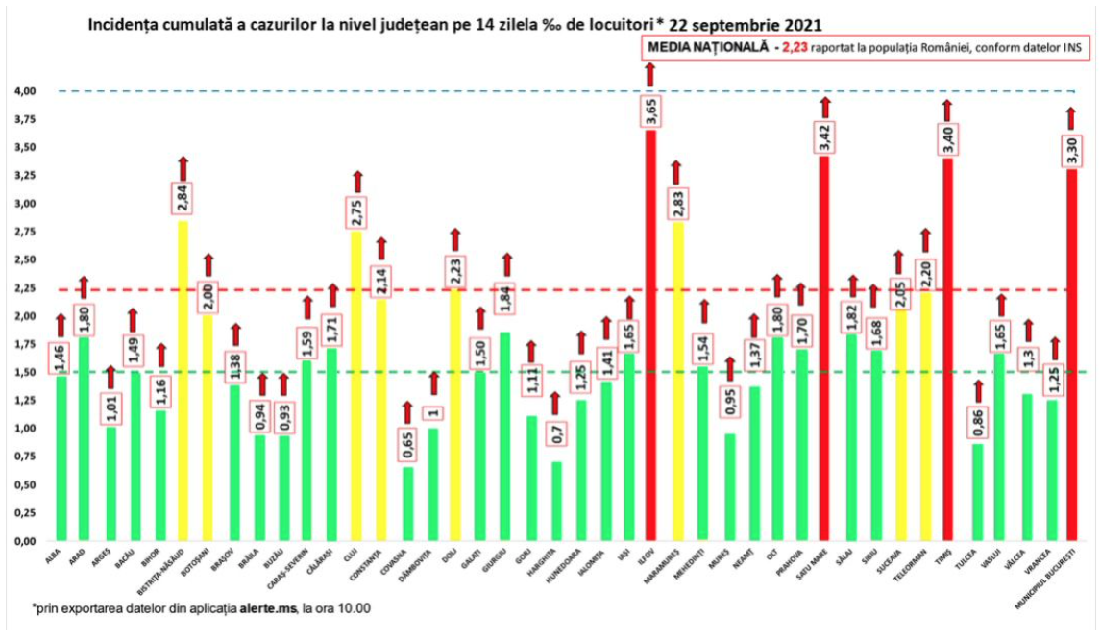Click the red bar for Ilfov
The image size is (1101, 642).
click(x=650, y=336)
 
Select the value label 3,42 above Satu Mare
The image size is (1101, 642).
click(x=824, y=136)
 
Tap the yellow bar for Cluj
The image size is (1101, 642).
click(x=356, y=384)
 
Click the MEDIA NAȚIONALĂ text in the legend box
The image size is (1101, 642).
click(x=706, y=47)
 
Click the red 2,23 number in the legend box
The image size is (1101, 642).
click(x=794, y=47)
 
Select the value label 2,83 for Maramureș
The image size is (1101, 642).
click(x=676, y=201)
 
